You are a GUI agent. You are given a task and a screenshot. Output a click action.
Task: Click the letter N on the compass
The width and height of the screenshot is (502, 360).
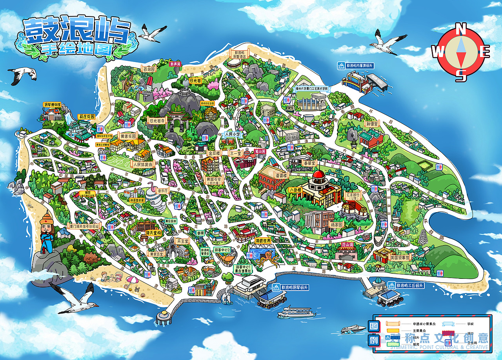[x=462, y=29]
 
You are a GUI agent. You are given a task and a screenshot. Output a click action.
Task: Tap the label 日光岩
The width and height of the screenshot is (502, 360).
[x=195, y=80]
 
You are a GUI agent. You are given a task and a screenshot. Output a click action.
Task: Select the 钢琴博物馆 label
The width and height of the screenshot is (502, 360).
[x=52, y=105]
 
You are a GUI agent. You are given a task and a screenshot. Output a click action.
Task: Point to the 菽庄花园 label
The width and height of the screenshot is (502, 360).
[x=86, y=116]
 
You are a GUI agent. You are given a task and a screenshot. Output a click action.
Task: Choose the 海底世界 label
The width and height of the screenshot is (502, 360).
[x=263, y=240]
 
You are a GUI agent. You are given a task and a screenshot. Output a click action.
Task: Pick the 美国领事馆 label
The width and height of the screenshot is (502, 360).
[x=399, y=258]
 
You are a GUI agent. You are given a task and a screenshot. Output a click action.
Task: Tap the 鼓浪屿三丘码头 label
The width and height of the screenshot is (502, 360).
[x=409, y=285]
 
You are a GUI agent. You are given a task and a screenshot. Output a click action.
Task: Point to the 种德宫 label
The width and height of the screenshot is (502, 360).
[x=371, y=124]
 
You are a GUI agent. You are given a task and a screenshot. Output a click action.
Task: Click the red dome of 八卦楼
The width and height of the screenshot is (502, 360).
[x=318, y=174]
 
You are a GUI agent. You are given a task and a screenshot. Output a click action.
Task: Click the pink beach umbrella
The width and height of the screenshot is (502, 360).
[x=132, y=280]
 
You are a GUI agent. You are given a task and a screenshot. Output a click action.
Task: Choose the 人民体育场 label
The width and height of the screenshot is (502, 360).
[x=142, y=165]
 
